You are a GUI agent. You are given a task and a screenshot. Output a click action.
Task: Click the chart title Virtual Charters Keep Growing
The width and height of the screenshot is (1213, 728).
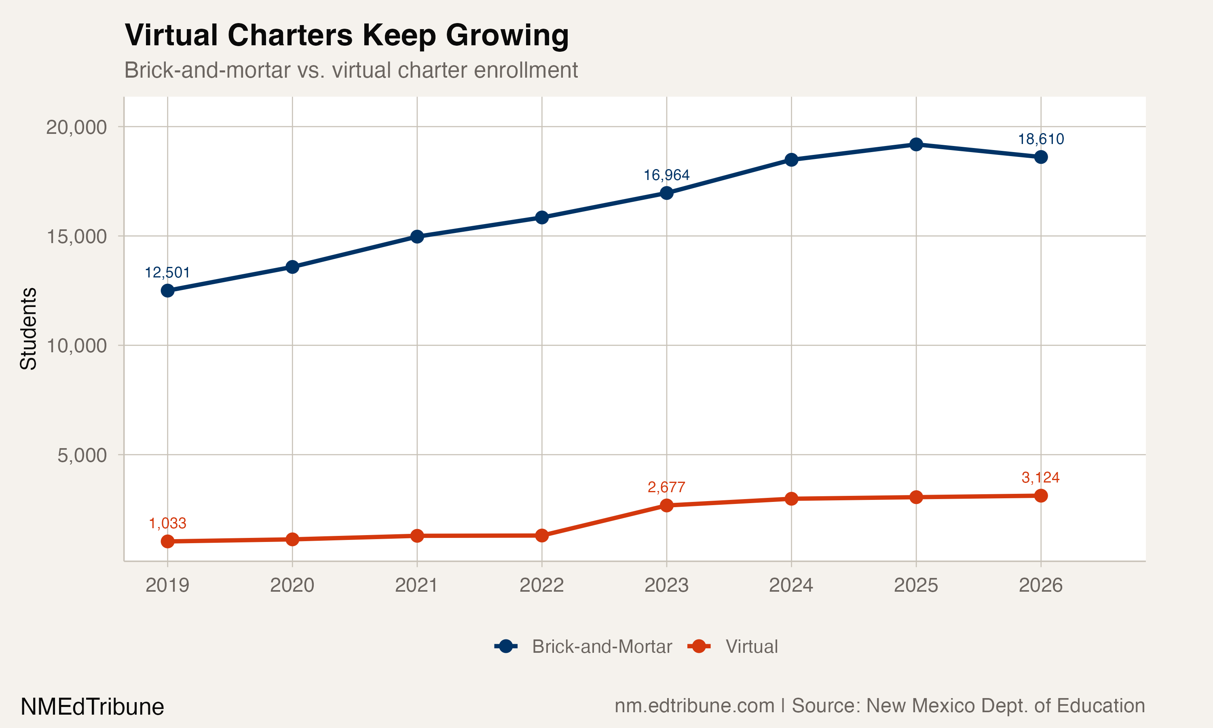[x=347, y=35]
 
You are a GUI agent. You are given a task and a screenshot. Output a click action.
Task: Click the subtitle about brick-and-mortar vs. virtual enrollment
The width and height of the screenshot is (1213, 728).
[x=351, y=70]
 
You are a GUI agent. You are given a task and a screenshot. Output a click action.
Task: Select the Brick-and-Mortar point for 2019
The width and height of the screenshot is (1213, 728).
[x=168, y=290]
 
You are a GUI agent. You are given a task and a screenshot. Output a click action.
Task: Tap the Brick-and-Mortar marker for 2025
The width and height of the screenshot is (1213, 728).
[x=916, y=144]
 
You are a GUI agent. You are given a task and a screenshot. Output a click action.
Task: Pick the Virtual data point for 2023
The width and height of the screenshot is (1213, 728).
[x=666, y=505]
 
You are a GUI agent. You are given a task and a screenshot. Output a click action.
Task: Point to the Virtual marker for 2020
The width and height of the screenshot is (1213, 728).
[x=292, y=539]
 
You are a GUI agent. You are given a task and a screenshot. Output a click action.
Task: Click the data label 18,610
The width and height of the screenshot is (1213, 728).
[x=1040, y=139]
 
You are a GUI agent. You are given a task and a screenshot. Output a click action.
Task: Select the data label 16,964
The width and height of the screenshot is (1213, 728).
[x=666, y=175]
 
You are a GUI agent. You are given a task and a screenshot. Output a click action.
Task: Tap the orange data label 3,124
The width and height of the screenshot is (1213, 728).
[x=1040, y=477]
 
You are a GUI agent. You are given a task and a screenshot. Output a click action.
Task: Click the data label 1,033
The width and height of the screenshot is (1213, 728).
[x=168, y=523]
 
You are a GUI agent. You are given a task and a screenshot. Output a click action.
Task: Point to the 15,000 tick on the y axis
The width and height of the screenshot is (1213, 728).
[x=76, y=237]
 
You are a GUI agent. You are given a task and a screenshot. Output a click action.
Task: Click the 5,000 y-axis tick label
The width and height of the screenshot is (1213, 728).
[x=82, y=455]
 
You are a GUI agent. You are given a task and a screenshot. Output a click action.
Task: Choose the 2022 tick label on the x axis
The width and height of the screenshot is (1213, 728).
[x=541, y=585]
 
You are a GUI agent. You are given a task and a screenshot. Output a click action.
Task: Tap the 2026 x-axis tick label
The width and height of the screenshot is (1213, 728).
[x=1040, y=585]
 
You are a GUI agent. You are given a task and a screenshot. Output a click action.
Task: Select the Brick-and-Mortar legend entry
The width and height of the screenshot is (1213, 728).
[x=583, y=647]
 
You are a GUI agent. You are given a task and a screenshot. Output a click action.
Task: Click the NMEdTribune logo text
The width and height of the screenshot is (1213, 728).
[x=92, y=707]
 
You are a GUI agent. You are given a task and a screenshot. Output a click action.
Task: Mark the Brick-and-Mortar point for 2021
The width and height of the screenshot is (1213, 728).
[x=417, y=237]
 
